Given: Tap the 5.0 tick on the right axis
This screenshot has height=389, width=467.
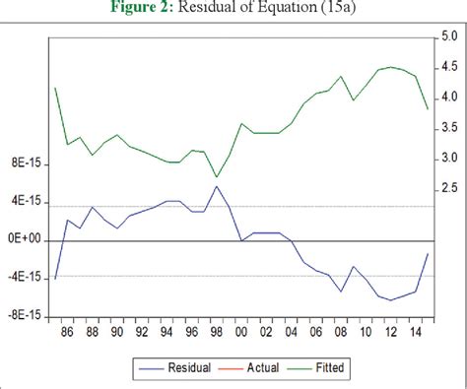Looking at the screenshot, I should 447,37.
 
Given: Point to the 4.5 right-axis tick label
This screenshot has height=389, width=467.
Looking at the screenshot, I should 447,68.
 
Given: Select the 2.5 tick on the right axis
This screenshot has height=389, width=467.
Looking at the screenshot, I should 447,188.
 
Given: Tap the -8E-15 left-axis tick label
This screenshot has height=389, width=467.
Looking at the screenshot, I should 24,316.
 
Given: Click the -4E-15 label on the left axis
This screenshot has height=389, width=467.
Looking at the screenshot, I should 24,278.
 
